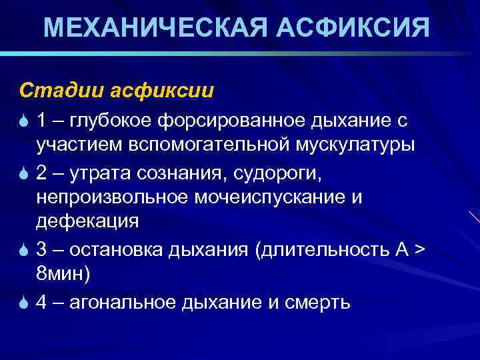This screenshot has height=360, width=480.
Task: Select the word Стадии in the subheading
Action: coord(49,89)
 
